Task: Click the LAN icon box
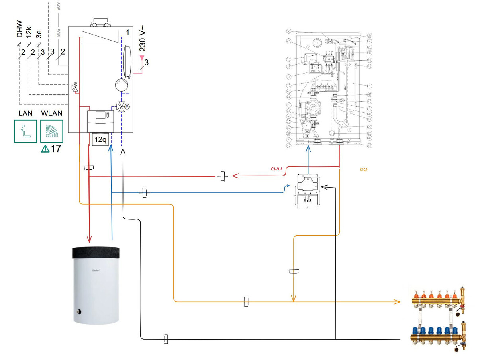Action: tap(25, 131)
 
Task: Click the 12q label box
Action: tap(100, 140)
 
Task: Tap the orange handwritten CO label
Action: tap(363, 170)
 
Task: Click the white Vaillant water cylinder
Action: tap(96, 285)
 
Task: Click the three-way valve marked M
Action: tap(121, 107)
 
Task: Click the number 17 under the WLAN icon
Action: tap(56, 149)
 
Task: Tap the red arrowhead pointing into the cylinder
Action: tap(90, 239)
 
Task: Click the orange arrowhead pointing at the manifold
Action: tap(397, 302)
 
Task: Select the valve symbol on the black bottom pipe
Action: tap(167, 339)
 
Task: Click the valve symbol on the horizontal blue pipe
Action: tap(145, 193)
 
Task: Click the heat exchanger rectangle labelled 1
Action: tap(100, 37)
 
